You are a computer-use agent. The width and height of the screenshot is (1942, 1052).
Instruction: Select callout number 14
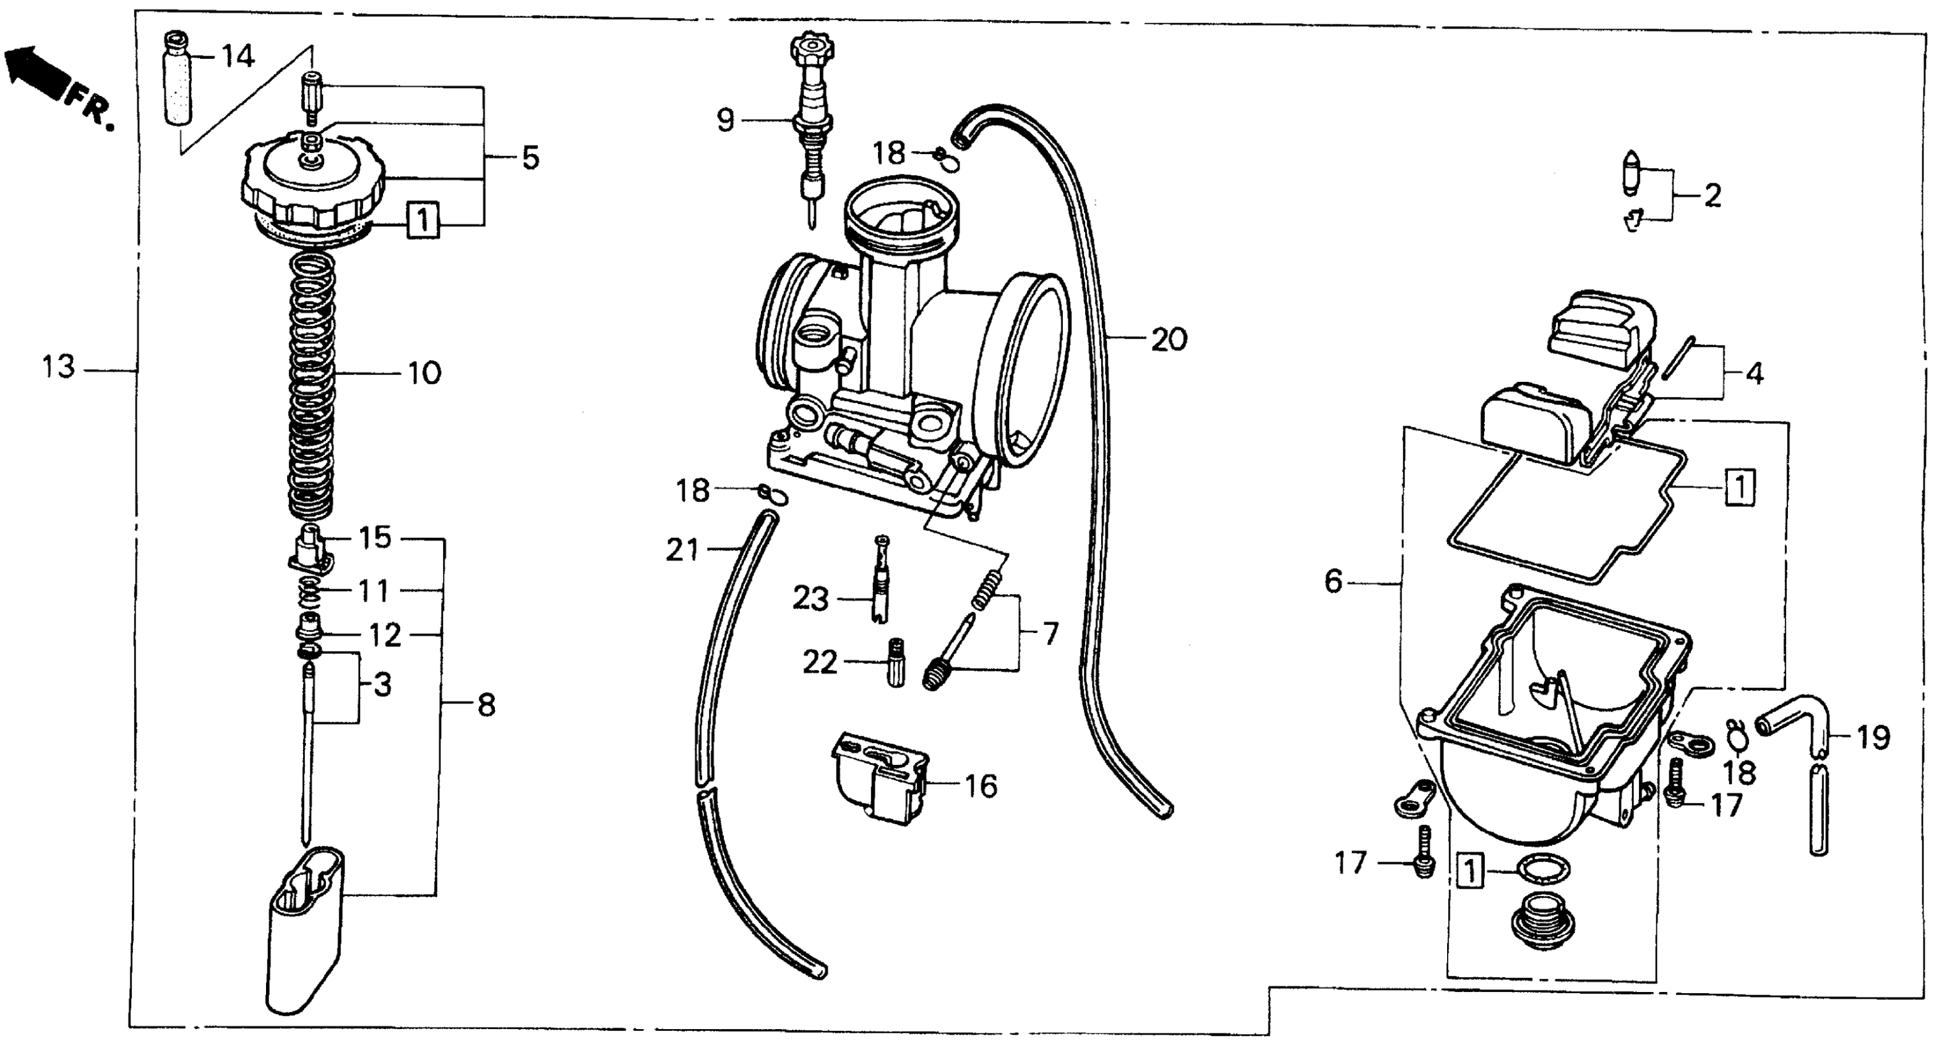pyautogui.click(x=238, y=56)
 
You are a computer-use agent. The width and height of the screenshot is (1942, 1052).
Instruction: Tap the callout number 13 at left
pyautogui.click(x=58, y=368)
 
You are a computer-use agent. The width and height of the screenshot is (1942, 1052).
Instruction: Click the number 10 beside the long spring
pyautogui.click(x=424, y=373)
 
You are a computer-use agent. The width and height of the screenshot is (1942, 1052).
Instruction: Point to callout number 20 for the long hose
pyautogui.click(x=1169, y=340)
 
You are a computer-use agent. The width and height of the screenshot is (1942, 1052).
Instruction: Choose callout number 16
pyautogui.click(x=981, y=787)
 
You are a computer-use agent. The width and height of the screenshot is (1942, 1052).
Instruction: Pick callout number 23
pyautogui.click(x=810, y=600)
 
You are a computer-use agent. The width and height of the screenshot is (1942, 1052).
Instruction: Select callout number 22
pyautogui.click(x=820, y=663)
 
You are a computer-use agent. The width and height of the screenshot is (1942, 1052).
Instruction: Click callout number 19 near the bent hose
pyautogui.click(x=1873, y=737)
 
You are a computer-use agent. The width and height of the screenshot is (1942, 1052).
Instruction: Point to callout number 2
pyautogui.click(x=1713, y=196)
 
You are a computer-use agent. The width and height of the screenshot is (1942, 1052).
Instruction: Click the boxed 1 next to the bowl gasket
pyautogui.click(x=1740, y=487)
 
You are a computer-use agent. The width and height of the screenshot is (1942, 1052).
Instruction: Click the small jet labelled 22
pyautogui.click(x=896, y=662)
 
